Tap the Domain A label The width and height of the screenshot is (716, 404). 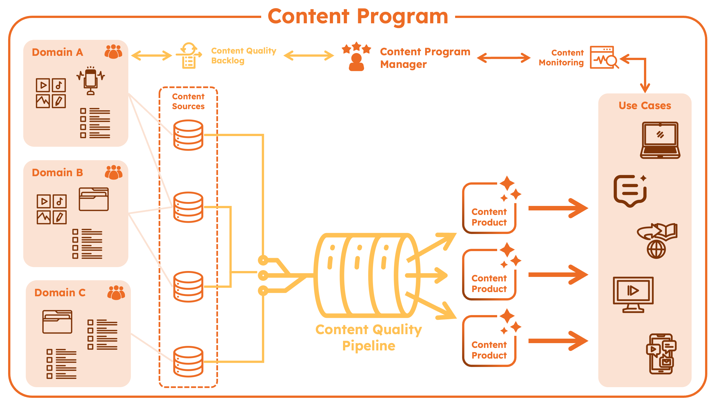57,52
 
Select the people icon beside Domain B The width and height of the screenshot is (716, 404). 113,172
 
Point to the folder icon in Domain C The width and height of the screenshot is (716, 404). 57,322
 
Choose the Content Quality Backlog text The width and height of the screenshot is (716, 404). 243,56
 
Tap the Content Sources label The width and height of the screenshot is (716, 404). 188,101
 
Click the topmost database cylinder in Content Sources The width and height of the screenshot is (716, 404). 188,135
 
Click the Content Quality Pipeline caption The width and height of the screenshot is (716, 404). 369,338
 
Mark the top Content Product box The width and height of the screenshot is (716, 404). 489,208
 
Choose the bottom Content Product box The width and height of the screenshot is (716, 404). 489,341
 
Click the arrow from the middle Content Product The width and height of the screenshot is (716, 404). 558,275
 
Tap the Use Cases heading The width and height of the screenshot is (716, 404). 645,105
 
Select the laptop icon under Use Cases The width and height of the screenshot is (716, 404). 660,140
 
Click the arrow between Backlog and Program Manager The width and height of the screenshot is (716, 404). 309,56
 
